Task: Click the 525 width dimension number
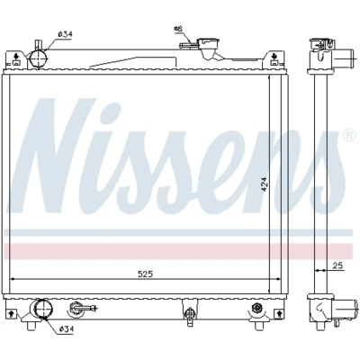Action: [x=146, y=274]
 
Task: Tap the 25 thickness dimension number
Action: [x=338, y=265]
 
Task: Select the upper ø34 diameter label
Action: [x=66, y=34]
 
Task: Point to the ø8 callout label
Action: [x=177, y=29]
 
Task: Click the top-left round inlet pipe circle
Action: [x=38, y=58]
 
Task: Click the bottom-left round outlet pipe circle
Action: [x=42, y=310]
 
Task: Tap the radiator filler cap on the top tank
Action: [x=206, y=42]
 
